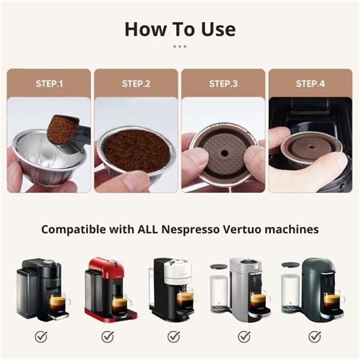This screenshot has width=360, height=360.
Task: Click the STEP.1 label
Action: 49,83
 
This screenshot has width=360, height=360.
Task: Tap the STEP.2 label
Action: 136,83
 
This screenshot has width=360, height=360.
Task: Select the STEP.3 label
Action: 223,83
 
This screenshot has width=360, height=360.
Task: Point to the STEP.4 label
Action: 310,83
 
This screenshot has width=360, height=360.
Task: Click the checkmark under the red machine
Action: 108,336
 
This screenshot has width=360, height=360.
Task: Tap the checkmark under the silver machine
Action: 245,336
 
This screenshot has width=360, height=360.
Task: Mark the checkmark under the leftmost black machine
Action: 40,336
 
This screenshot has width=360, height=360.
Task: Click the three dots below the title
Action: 179,46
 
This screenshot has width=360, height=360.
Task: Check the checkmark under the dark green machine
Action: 313,336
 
